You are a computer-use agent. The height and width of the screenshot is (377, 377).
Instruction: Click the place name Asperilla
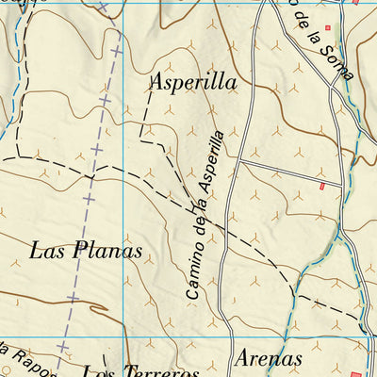[192, 82]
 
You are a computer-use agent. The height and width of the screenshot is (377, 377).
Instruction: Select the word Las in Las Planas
[45, 251]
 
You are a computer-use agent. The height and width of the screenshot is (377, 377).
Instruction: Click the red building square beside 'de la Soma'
[329, 28]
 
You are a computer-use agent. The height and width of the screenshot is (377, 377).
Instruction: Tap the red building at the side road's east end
[322, 187]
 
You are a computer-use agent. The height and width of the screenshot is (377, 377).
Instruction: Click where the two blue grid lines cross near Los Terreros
[125, 337]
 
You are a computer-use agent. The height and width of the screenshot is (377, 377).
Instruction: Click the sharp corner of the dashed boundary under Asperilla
[141, 139]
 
